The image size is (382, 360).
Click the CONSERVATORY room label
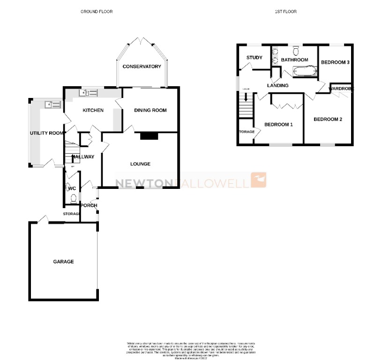coord(142,67)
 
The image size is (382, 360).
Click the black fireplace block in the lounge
coord(149,136)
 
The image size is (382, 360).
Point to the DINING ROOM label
coord(150,110)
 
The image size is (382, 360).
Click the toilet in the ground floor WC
coord(72,199)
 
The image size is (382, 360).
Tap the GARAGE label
coord(63,262)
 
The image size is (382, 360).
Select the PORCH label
coord(89,205)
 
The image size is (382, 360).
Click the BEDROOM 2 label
coord(328,119)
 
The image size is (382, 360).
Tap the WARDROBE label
coord(341,88)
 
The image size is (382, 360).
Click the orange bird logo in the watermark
coord(259,180)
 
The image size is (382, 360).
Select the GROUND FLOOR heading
coord(97,11)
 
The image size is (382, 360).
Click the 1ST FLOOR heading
coord(286,11)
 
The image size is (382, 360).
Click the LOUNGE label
coord(140,164)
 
